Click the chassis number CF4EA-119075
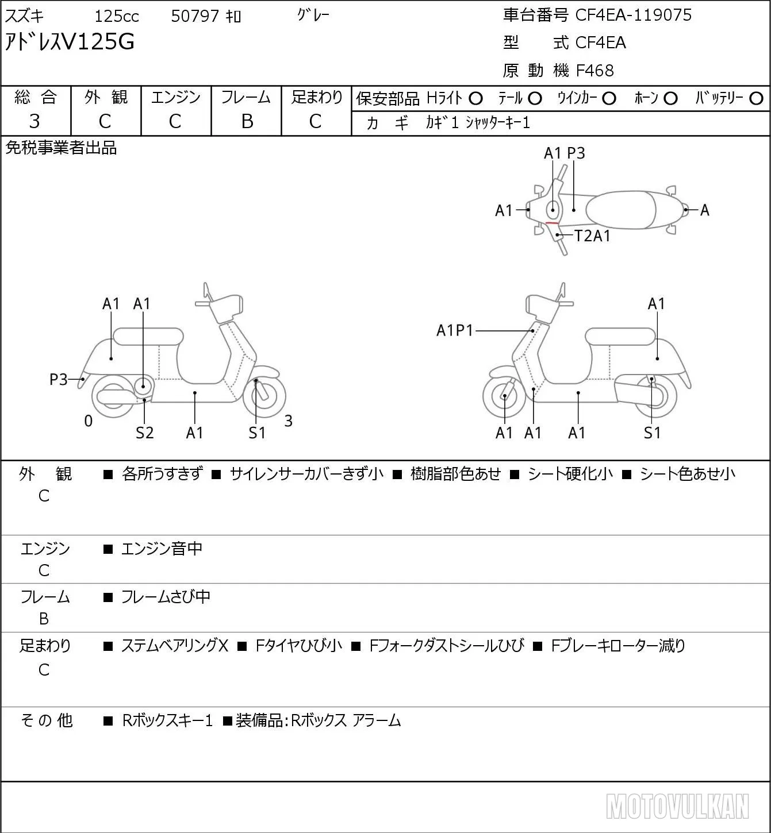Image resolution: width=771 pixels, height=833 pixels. pyautogui.click(x=633, y=15)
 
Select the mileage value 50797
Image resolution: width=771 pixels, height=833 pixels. pyautogui.click(x=195, y=16)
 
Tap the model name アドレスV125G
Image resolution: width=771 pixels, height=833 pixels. pyautogui.click(x=70, y=42)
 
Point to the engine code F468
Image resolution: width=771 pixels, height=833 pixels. pyautogui.click(x=595, y=71)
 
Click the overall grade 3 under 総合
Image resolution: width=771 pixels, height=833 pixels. pyautogui.click(x=34, y=122)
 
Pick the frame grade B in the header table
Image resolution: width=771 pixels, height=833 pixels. pyautogui.click(x=247, y=122)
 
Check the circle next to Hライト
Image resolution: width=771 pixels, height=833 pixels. pyautogui.click(x=475, y=99)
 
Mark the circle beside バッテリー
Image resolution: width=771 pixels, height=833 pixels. pyautogui.click(x=756, y=99)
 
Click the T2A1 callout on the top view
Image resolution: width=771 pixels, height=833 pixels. pyautogui.click(x=592, y=236)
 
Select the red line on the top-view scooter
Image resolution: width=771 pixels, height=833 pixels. pyautogui.click(x=551, y=223)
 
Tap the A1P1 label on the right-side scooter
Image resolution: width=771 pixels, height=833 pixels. pyautogui.click(x=455, y=330)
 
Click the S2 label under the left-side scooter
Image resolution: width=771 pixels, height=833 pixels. pyautogui.click(x=144, y=433)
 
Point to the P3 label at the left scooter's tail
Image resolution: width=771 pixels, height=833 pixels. pyautogui.click(x=59, y=380)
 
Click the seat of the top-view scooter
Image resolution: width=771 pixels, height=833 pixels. pyautogui.click(x=620, y=210)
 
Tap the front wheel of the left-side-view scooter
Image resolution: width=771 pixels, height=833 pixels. pyautogui.click(x=264, y=396)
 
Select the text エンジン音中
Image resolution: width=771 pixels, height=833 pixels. pyautogui.click(x=162, y=549)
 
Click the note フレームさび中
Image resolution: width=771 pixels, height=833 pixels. pyautogui.click(x=166, y=597)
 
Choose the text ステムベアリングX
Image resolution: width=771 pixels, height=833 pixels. pyautogui.click(x=175, y=646)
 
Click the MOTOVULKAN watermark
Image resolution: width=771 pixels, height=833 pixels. pyautogui.click(x=678, y=806)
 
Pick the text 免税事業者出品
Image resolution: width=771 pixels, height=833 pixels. pyautogui.click(x=61, y=148)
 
